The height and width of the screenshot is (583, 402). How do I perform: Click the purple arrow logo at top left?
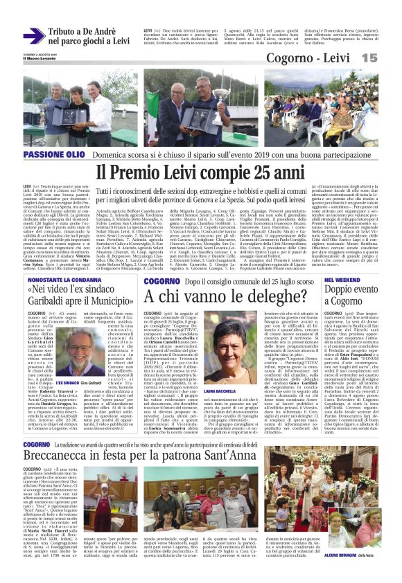(x=33, y=36)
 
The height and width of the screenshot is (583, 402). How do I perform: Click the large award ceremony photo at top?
(x=200, y=107)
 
